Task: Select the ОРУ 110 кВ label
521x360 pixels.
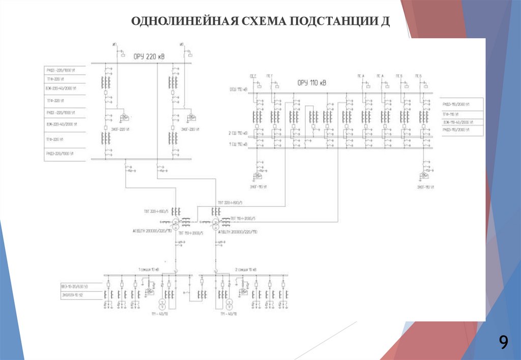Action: (312, 82)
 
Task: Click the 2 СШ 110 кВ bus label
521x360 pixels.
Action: (237, 133)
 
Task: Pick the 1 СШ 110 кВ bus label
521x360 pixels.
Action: (237, 145)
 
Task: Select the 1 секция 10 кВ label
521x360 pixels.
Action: (149, 269)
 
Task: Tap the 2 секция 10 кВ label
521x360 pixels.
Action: (246, 269)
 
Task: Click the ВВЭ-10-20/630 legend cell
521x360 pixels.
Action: (75, 287)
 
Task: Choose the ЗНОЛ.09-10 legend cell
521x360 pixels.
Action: (75, 295)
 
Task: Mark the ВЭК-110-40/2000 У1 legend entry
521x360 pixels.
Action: (462, 123)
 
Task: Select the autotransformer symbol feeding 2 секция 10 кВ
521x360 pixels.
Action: (216, 223)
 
